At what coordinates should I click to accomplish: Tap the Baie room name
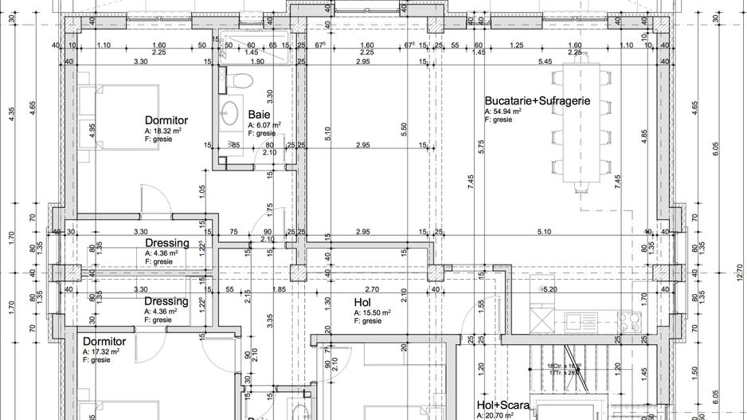pyautogui.click(x=259, y=115)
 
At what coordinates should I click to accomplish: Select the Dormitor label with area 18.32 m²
pyautogui.click(x=166, y=120)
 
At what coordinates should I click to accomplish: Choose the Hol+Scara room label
pyautogui.click(x=503, y=405)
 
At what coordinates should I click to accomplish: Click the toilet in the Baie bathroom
pyautogui.click(x=237, y=80)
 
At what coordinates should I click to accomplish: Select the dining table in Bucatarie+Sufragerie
pyautogui.click(x=581, y=128)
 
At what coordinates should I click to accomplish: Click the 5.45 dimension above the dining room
pyautogui.click(x=546, y=61)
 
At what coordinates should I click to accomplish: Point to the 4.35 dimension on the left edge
pyautogui.click(x=11, y=114)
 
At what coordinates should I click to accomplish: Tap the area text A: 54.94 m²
pyautogui.click(x=503, y=112)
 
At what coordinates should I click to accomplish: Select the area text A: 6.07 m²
pyautogui.click(x=264, y=125)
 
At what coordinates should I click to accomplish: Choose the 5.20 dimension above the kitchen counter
pyautogui.click(x=549, y=289)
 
